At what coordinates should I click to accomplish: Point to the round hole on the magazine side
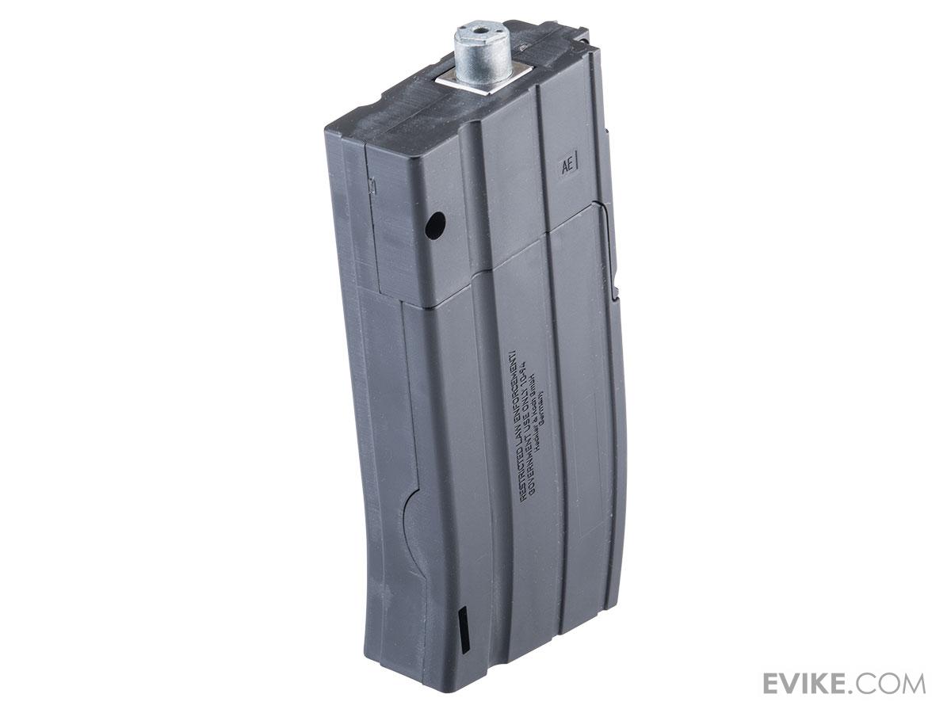point(433,229)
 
